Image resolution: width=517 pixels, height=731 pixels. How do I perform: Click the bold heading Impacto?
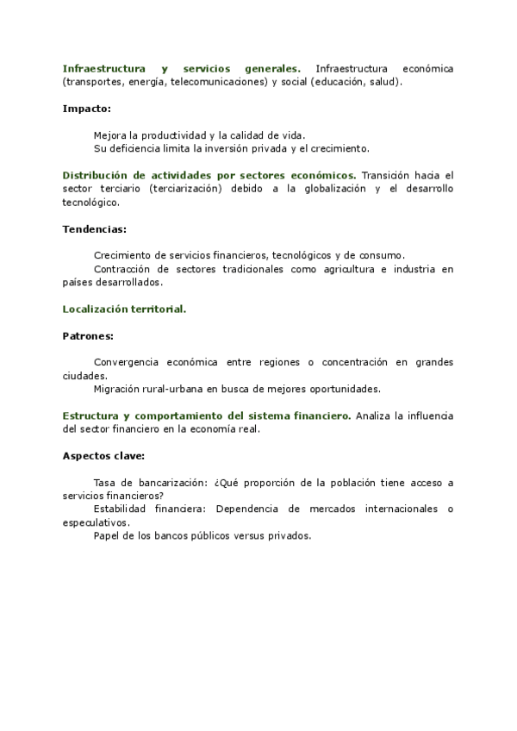[x=86, y=109]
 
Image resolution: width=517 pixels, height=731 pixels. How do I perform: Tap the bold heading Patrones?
[x=89, y=335]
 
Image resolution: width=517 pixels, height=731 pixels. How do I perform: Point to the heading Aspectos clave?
[x=103, y=455]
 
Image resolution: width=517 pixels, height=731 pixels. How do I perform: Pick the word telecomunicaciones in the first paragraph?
[x=220, y=82]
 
